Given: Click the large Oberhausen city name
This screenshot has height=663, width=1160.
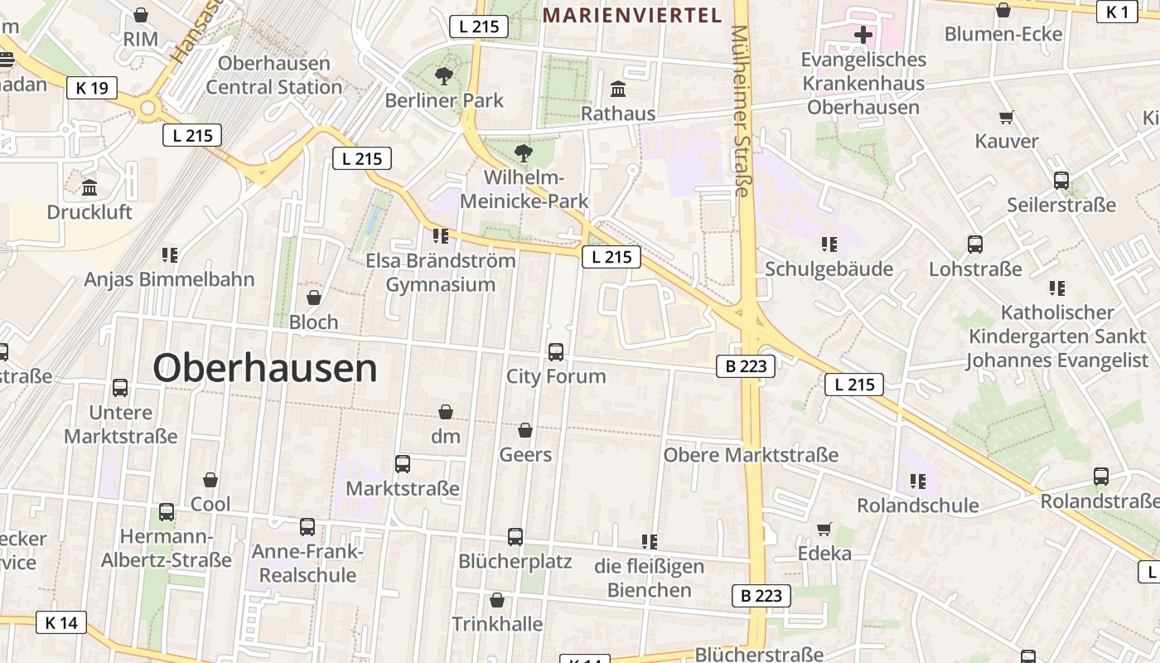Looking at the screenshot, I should [265, 368].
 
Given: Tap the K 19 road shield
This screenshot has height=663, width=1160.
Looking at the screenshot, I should [92, 87].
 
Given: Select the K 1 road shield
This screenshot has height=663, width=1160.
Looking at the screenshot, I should [1117, 12].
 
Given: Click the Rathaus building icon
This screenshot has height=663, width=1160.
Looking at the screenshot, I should [618, 89].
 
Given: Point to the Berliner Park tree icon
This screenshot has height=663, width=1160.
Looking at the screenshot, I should [444, 76].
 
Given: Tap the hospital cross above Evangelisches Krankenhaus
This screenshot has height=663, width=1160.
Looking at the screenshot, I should [863, 35].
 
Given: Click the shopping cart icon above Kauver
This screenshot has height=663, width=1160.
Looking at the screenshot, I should [1007, 117].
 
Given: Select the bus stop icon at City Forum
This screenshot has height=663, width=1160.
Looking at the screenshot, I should [556, 351].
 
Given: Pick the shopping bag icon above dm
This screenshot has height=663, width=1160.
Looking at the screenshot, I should [446, 412].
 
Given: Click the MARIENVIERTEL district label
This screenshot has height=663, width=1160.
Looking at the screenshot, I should [632, 14].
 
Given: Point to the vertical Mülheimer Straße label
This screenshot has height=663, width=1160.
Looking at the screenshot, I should [740, 111].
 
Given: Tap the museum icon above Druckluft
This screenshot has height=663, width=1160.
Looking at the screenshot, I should [89, 188].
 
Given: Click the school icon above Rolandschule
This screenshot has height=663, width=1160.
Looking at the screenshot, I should [917, 481].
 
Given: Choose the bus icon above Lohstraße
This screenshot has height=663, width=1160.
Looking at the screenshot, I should [975, 244].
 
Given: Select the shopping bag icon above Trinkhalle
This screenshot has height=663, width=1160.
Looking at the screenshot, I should [497, 600].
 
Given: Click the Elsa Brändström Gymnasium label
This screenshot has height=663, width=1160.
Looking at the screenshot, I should [441, 273].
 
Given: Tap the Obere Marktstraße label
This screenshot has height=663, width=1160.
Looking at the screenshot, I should [751, 455].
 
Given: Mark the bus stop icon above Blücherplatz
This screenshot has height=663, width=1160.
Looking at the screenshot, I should [515, 537].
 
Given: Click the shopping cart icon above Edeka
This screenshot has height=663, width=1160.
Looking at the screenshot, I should [824, 529].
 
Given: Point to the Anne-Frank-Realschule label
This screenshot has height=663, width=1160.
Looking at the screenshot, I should [307, 564].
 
